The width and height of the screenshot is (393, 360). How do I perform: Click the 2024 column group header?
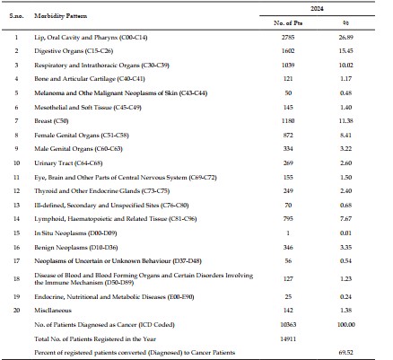coord(317,9)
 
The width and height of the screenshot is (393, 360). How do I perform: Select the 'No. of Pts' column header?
coord(288,23)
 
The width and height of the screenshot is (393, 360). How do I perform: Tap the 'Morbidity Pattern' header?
coord(61,16)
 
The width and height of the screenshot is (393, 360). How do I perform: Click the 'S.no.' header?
coord(16,16)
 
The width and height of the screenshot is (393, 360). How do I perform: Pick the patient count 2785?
coord(288,38)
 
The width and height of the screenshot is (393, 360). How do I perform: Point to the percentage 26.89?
coord(346,38)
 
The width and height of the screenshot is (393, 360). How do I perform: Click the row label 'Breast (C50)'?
coord(51,121)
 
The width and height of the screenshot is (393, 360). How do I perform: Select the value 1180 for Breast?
coord(288,121)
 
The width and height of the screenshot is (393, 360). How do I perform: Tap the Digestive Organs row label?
coord(74,51)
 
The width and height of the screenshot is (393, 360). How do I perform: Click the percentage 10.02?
coord(346,65)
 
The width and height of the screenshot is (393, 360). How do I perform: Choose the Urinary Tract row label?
coord(68,163)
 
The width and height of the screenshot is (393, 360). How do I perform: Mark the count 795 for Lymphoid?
coord(288,219)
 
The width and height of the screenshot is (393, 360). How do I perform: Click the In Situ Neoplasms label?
coord(75,233)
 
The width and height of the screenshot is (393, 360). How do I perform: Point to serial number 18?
coord(16,278)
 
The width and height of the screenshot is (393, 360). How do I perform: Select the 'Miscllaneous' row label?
coord(53,311)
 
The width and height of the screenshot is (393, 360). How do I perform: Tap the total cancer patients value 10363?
coord(288,325)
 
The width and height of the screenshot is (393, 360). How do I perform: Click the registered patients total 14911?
coord(288,339)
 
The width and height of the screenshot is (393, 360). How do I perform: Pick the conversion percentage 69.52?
coord(346,353)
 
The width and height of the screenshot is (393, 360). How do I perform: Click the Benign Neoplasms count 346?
coord(288,248)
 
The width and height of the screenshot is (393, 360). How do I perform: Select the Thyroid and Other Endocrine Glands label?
coord(102,191)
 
